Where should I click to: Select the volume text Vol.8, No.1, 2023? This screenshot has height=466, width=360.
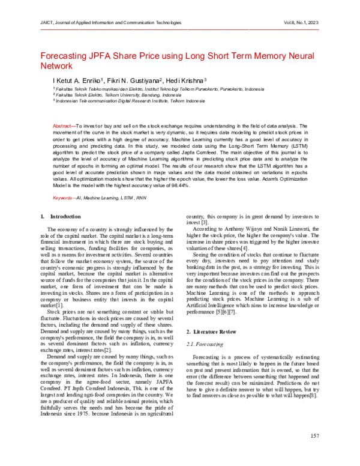click(296, 22)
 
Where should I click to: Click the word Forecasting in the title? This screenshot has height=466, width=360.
click(65, 56)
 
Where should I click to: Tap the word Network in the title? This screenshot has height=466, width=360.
click(56, 68)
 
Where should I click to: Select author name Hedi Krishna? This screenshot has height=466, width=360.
click(186, 80)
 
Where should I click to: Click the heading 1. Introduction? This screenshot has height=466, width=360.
click(55, 216)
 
